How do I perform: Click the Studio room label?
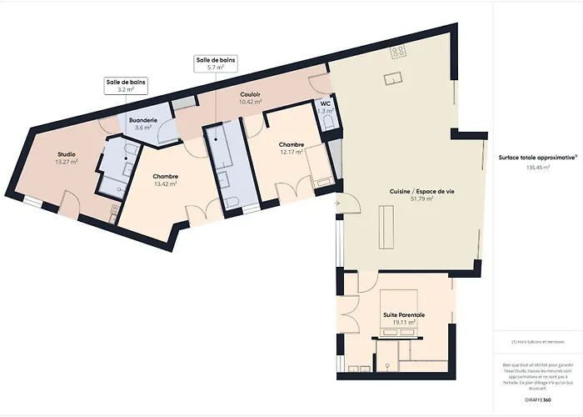[x=66, y=154]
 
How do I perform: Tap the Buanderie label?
[x=143, y=120]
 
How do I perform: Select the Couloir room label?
[x=251, y=95]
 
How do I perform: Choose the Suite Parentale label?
[x=403, y=314]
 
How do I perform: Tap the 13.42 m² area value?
[x=166, y=184]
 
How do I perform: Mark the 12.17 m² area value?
[x=291, y=153]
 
